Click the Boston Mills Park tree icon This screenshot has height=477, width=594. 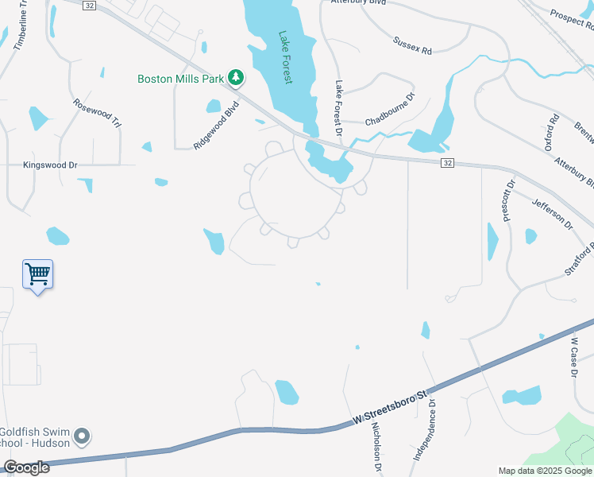(x=235, y=77)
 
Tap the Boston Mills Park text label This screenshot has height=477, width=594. (x=180, y=78)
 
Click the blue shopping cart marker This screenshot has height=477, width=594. (x=37, y=275)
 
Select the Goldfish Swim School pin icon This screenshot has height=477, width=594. (x=82, y=436)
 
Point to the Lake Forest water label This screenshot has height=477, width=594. (x=284, y=58)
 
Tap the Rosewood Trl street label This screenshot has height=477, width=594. (x=97, y=113)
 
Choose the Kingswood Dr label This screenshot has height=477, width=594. (x=49, y=165)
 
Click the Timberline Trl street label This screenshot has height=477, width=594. (x=21, y=30)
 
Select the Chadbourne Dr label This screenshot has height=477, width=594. (x=391, y=111)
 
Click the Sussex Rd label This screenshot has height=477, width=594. (x=412, y=45)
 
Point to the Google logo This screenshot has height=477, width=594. (x=26, y=467)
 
